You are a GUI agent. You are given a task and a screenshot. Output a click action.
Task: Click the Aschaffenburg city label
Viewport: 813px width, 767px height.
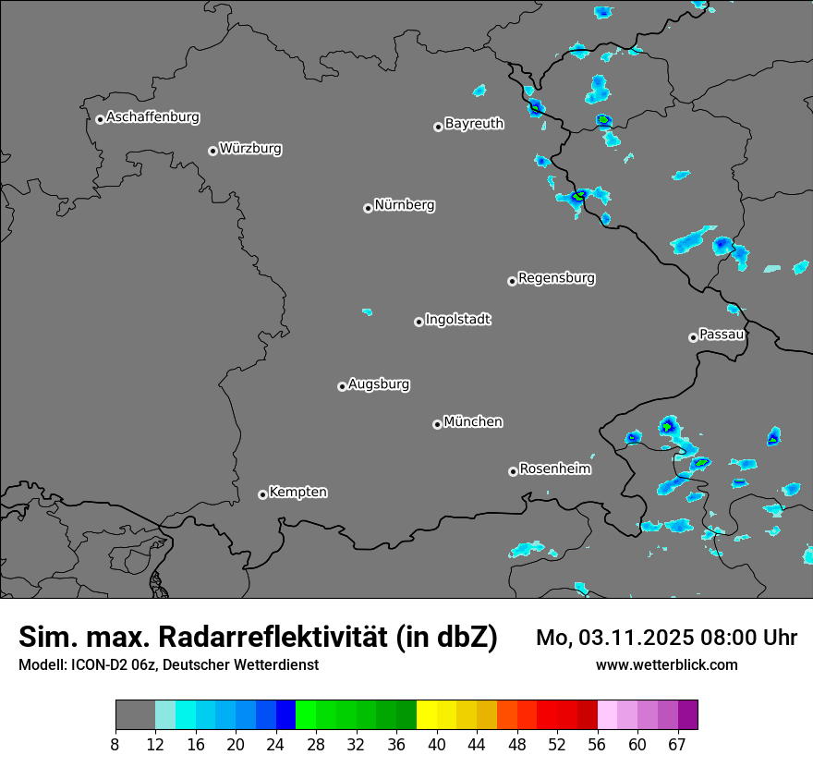152,117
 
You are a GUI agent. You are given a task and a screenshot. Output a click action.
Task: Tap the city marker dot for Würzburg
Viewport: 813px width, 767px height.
212,151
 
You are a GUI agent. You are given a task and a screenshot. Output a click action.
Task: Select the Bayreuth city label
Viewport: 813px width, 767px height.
474,123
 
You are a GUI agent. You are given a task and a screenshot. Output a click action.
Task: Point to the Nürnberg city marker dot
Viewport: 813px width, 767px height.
368,208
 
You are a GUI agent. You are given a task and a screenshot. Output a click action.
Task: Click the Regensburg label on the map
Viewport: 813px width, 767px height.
556,277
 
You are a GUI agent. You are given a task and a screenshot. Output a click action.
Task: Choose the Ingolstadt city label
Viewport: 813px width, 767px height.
457,319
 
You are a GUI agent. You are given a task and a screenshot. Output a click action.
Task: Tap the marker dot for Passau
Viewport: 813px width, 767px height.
693,337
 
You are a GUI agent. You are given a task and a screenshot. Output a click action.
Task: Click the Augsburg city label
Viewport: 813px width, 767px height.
379,383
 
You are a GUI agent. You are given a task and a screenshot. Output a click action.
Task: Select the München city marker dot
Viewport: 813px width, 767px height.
437,424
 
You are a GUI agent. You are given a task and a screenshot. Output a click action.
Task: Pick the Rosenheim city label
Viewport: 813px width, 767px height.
554,469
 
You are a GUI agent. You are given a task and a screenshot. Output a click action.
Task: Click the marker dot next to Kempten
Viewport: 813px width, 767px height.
262,494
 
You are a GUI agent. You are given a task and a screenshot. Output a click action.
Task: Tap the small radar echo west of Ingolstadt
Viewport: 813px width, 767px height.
367,311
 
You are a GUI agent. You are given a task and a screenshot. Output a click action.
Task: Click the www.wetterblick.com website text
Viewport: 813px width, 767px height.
666,664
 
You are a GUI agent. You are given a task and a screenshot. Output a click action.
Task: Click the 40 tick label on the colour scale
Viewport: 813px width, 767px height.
437,745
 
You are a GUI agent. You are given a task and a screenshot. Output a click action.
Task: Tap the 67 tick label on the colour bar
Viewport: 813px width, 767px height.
677,745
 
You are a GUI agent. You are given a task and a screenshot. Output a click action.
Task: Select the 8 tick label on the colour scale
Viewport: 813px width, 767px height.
115,745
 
